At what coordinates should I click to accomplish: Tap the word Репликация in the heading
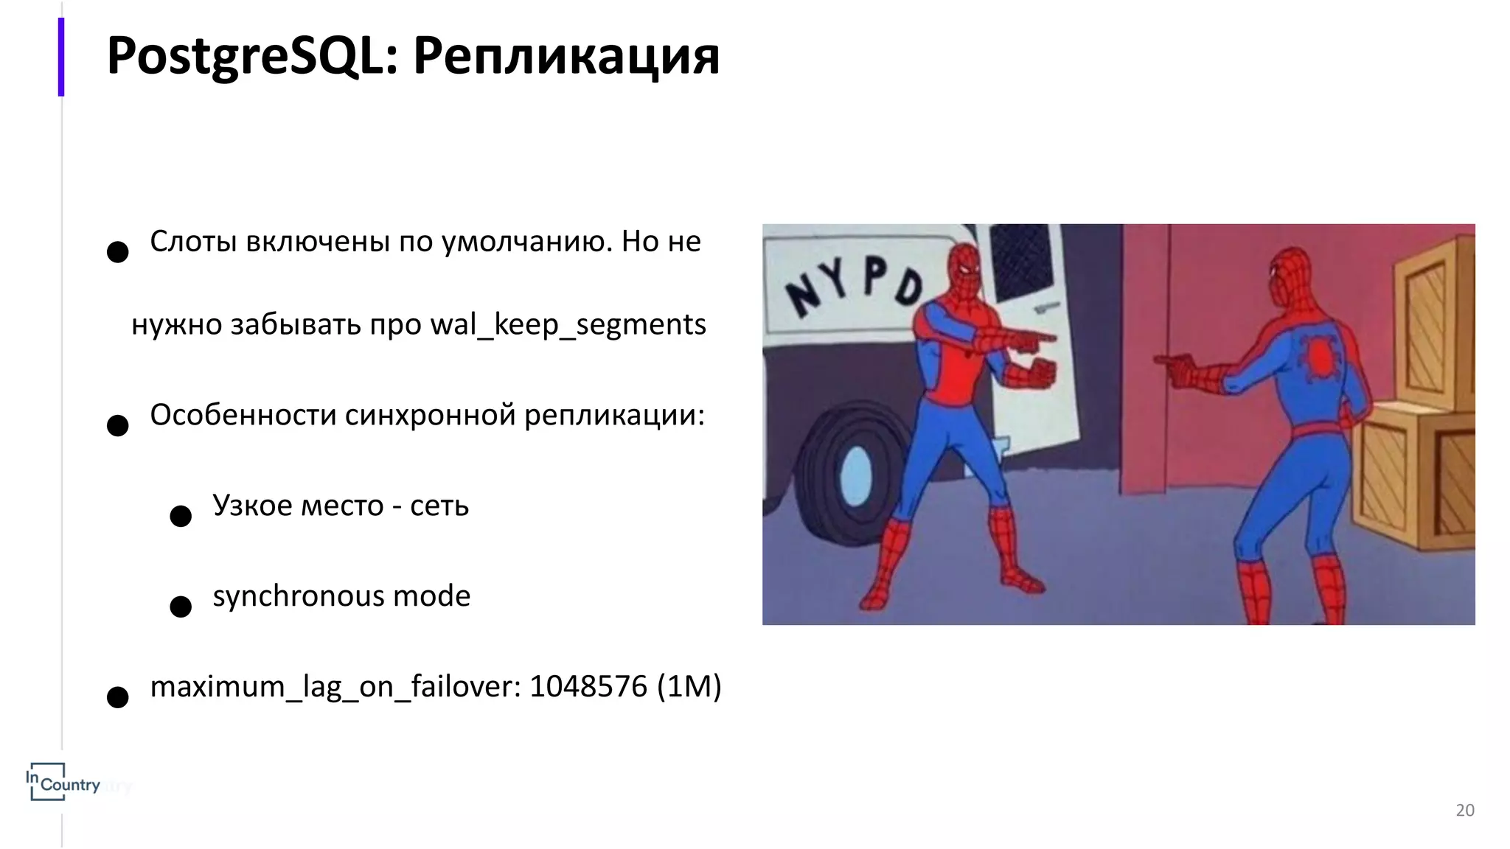(x=566, y=57)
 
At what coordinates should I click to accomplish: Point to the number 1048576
(x=588, y=686)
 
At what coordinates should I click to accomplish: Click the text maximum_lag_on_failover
(x=335, y=688)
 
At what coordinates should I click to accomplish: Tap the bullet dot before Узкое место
(x=181, y=516)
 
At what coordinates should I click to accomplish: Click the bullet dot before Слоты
(x=118, y=252)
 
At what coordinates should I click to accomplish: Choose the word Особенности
(x=243, y=416)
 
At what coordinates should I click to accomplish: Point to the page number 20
(x=1464, y=810)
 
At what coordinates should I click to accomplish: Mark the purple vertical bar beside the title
(x=61, y=57)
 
